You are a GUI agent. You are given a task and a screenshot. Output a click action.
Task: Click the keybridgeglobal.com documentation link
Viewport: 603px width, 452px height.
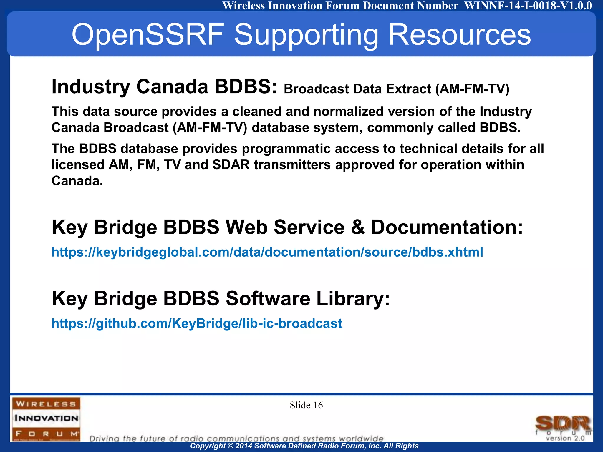pos(267,252)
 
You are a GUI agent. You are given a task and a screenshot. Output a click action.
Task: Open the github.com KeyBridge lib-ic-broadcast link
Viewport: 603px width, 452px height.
pos(197,323)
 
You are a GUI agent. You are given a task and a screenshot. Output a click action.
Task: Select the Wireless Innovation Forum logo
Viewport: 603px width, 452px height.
pos(46,418)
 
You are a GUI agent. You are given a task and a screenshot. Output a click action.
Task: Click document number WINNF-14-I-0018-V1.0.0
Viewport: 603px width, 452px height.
pos(528,6)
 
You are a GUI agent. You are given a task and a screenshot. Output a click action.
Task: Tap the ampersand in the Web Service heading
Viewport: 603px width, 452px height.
pos(358,227)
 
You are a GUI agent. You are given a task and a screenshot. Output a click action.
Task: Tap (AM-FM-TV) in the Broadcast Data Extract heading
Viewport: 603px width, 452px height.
pos(472,89)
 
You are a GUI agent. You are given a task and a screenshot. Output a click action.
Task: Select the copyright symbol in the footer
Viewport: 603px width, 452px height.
pos(231,446)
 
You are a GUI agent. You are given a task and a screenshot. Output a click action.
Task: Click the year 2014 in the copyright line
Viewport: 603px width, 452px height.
pos(243,446)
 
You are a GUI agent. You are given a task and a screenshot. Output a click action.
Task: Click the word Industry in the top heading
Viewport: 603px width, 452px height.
pos(91,87)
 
